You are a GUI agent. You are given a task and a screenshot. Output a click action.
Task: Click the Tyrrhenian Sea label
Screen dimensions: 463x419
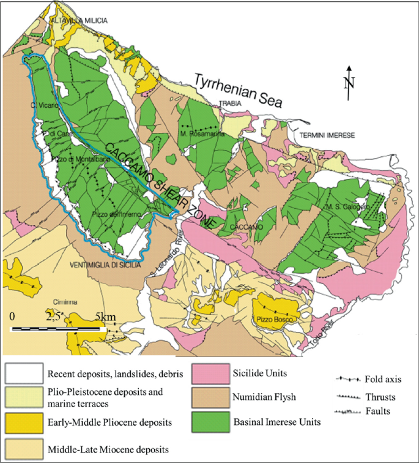pyautogui.click(x=237, y=91)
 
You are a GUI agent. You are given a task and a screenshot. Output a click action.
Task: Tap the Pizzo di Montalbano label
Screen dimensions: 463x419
pyautogui.click(x=81, y=160)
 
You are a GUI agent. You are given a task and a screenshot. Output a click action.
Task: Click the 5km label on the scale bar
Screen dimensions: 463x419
pyautogui.click(x=105, y=317)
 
